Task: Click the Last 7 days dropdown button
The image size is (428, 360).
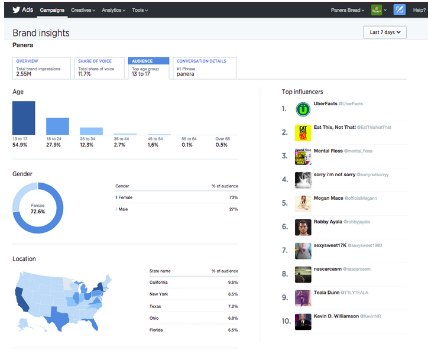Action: pyautogui.click(x=385, y=32)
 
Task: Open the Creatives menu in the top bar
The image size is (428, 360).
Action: pyautogui.click(x=82, y=10)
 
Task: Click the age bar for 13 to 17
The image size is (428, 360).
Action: pyautogui.click(x=24, y=118)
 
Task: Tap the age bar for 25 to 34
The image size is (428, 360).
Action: pyautogui.click(x=91, y=131)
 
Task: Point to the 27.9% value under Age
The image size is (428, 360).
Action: pyautogui.click(x=54, y=145)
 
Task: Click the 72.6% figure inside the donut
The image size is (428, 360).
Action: pyautogui.click(x=38, y=210)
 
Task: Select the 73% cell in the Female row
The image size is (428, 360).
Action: pyautogui.click(x=233, y=197)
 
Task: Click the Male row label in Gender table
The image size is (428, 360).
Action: pyautogui.click(x=123, y=209)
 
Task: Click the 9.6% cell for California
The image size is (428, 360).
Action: pyautogui.click(x=232, y=283)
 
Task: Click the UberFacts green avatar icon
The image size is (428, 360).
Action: pyautogui.click(x=303, y=109)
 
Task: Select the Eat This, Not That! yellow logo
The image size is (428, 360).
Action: pyautogui.click(x=303, y=132)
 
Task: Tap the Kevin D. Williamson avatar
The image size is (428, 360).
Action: pyautogui.click(x=303, y=321)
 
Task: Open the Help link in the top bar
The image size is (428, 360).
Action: pyautogui.click(x=418, y=10)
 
